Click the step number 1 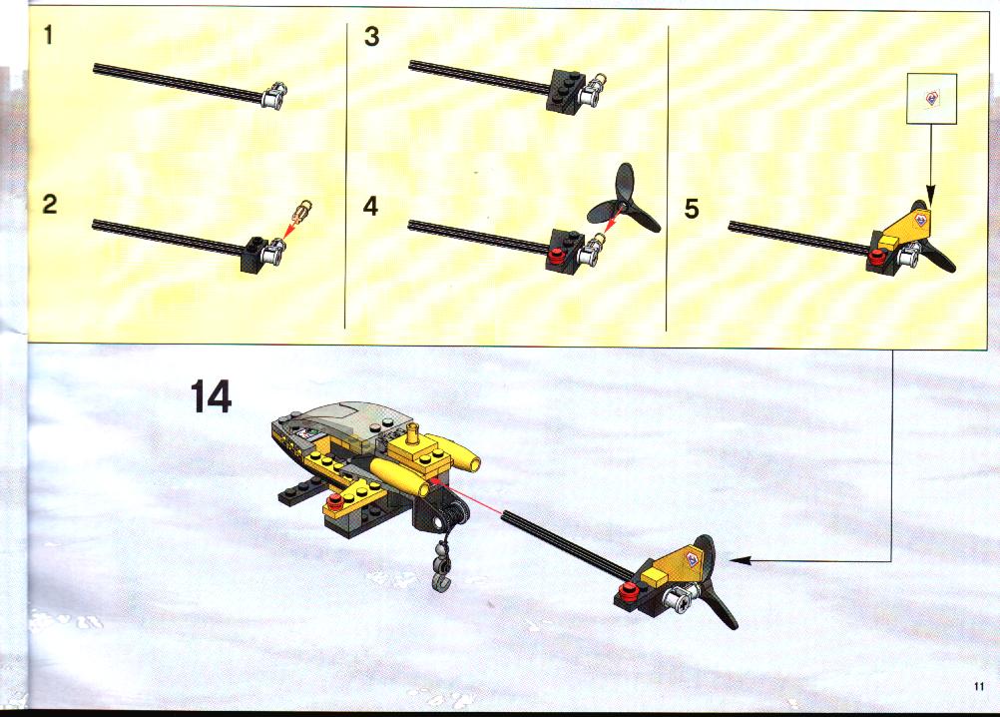49,34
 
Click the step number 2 49,204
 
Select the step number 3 372,36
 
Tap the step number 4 370,206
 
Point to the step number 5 692,209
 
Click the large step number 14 212,396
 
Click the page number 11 979,686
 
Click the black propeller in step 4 625,203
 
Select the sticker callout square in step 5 932,99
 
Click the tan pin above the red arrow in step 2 303,210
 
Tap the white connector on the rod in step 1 273,96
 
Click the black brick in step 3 565,91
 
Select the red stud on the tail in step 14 630,589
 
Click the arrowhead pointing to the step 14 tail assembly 739,560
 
